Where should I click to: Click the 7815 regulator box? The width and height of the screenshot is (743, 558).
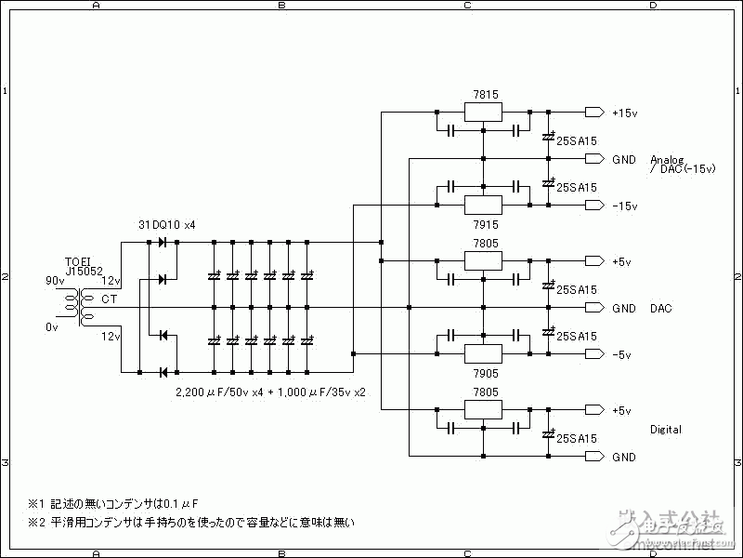(483, 113)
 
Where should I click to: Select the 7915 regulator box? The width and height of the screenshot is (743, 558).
(483, 205)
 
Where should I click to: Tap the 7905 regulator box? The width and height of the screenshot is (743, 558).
(483, 353)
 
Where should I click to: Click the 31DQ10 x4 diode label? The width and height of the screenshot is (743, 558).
(166, 225)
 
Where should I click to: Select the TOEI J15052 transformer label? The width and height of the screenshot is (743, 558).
(85, 266)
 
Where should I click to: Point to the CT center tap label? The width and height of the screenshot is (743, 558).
(109, 299)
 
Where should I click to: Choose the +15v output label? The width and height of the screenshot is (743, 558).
(624, 113)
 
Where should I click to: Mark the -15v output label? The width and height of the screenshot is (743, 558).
(624, 206)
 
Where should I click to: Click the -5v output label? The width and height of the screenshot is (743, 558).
(621, 354)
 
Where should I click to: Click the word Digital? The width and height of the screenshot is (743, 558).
(666, 430)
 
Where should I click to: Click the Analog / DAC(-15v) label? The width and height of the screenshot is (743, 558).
(682, 164)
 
